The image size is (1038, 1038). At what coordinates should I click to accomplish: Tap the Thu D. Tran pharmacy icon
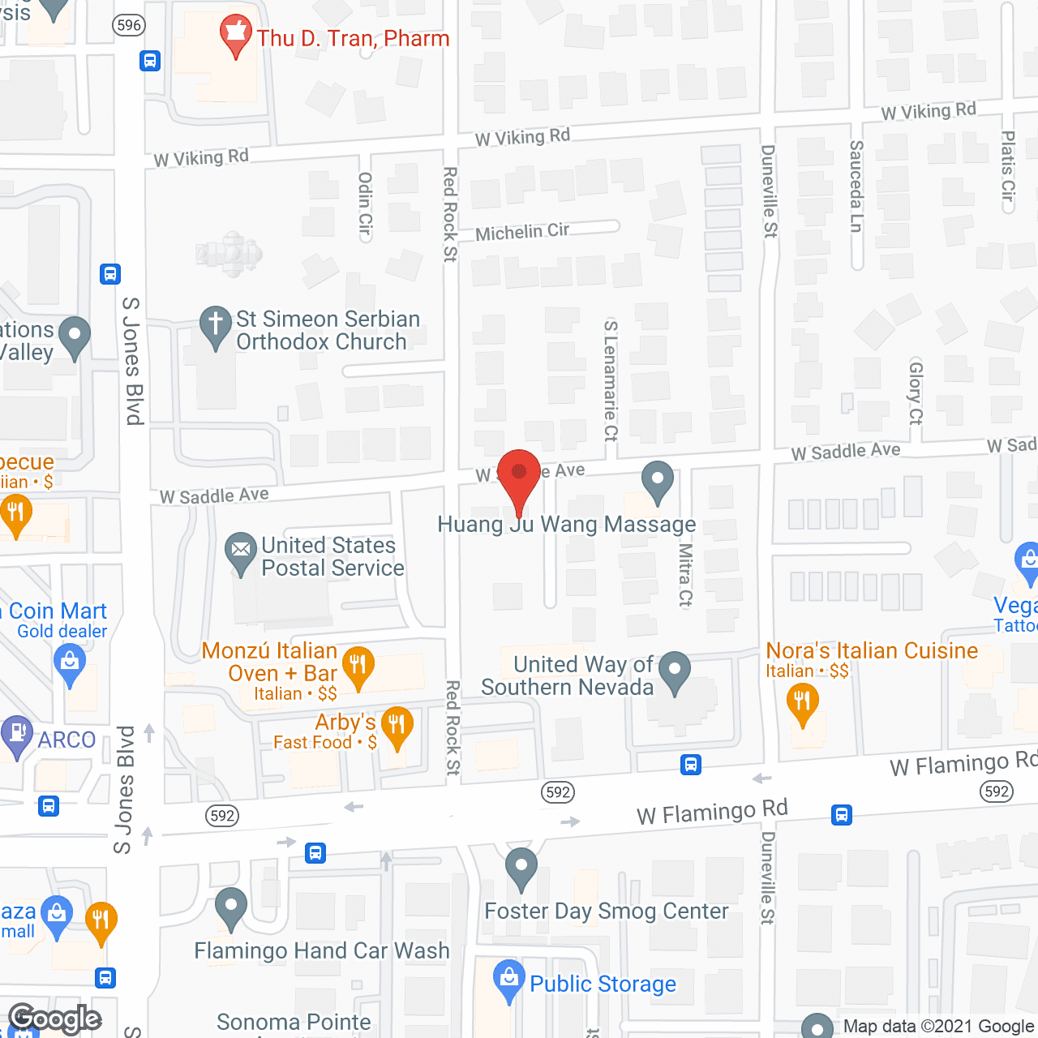pyautogui.click(x=236, y=34)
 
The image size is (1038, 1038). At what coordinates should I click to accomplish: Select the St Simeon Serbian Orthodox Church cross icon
pyautogui.click(x=216, y=326)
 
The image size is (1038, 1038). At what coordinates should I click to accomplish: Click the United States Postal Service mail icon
pyautogui.click(x=240, y=551)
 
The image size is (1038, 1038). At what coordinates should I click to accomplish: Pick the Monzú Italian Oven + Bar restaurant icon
pyautogui.click(x=358, y=667)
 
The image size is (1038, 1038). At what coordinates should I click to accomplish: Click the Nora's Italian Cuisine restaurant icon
pyautogui.click(x=802, y=702)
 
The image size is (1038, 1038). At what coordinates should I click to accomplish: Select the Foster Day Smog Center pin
pyautogui.click(x=521, y=867)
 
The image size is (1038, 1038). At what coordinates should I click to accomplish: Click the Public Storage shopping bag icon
pyautogui.click(x=508, y=979)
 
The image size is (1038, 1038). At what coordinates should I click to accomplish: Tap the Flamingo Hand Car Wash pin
pyautogui.click(x=231, y=907)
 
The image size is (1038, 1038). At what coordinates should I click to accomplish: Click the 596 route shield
pyautogui.click(x=129, y=25)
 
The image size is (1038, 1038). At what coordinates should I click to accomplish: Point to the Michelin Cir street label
pyautogui.click(x=522, y=232)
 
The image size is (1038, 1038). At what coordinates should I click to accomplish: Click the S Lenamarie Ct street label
pyautogui.click(x=611, y=381)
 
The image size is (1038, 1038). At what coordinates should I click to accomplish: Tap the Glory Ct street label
pyautogui.click(x=916, y=392)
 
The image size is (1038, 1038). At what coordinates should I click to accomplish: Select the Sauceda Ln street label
pyautogui.click(x=856, y=187)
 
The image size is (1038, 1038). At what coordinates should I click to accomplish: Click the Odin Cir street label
pyautogui.click(x=365, y=204)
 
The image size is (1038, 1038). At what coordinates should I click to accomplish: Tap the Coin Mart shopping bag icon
pyautogui.click(x=70, y=663)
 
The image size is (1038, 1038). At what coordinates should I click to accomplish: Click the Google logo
pyautogui.click(x=55, y=1019)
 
